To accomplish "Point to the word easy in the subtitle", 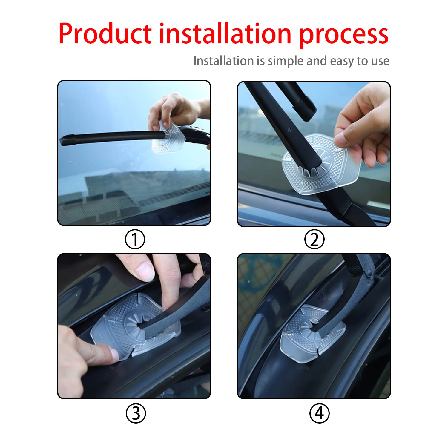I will point(342,61).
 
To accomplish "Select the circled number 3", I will point(136,414).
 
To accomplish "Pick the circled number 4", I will point(319,414).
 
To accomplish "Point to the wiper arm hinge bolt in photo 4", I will point(369,272).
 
